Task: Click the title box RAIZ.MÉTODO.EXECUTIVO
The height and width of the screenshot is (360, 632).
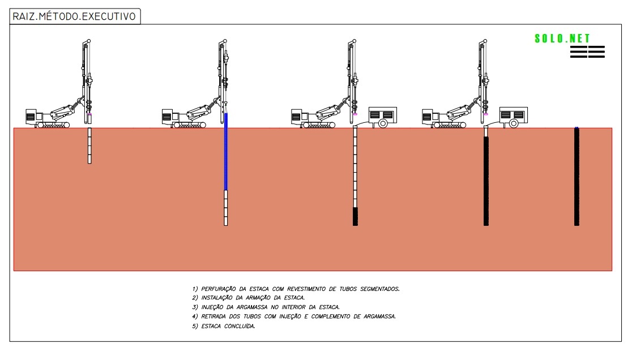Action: click(75, 16)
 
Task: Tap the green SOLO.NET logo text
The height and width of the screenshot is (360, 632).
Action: click(562, 38)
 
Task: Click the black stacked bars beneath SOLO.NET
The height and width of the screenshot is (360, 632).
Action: click(587, 52)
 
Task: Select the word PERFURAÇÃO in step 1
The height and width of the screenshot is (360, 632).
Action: click(219, 289)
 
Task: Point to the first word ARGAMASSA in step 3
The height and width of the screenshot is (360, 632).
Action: click(252, 307)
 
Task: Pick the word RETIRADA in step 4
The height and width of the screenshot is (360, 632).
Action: click(213, 316)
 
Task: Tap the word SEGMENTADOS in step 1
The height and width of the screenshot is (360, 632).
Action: click(379, 289)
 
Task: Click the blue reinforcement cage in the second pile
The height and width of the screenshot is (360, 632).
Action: click(226, 151)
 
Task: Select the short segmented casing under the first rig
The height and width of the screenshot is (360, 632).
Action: click(89, 145)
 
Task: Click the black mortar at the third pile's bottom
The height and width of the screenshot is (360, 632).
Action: click(355, 216)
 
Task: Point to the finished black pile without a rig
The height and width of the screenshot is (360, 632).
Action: click(577, 177)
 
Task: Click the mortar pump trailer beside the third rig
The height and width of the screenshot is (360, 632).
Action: click(382, 117)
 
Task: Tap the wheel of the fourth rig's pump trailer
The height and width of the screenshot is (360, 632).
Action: click(514, 123)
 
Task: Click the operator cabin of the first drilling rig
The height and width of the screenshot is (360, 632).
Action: click(31, 117)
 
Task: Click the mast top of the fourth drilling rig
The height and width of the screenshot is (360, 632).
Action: click(484, 41)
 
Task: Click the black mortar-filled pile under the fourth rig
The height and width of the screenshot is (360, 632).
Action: click(486, 181)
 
